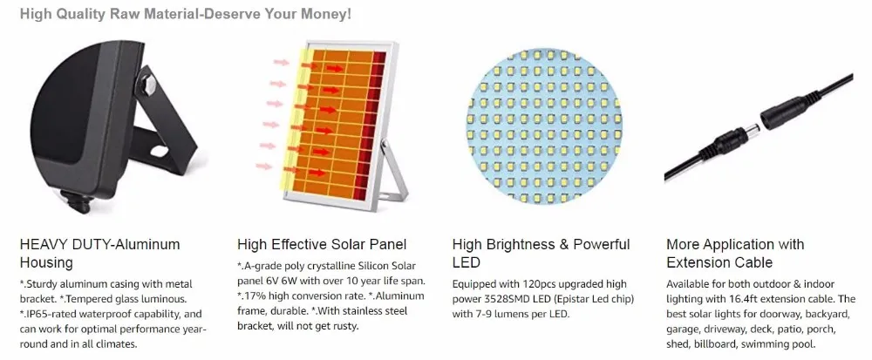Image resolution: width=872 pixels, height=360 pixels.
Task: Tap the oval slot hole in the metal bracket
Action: coord(159,150)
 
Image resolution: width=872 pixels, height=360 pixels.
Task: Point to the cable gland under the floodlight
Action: coord(76,200)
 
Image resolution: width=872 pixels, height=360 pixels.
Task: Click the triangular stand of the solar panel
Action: coord(392,175)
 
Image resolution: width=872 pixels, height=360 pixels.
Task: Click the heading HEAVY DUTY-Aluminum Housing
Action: coord(100,254)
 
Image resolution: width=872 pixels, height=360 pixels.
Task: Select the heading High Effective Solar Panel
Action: coord(322,244)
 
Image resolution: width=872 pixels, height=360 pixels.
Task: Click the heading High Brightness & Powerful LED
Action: coord(542,254)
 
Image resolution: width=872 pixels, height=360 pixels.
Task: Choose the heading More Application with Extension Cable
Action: coord(735,254)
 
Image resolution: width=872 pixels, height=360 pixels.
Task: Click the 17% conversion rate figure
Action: coord(252,296)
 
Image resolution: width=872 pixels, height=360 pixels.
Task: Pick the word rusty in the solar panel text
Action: coord(344,326)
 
